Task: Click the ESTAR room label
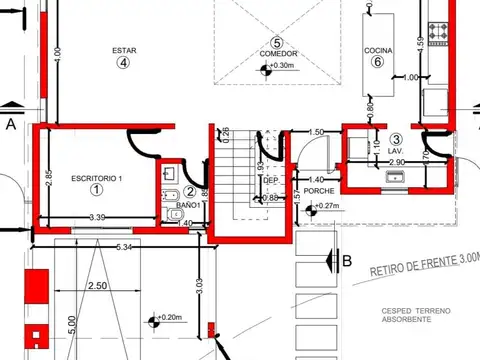[x=125, y=49]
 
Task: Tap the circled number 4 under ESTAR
[x=124, y=62]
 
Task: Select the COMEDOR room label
[x=277, y=54]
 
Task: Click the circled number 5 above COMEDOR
[x=277, y=42]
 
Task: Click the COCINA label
[x=378, y=49]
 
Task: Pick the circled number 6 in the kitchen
[x=378, y=62]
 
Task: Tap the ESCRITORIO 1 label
[x=96, y=177]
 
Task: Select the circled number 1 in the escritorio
[x=96, y=189]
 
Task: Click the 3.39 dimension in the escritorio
[x=97, y=217]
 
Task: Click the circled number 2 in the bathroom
[x=191, y=192]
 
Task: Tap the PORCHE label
[x=319, y=190]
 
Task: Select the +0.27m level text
[x=328, y=207]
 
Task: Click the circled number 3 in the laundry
[x=396, y=139]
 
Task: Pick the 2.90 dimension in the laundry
[x=396, y=162]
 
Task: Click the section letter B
[x=347, y=262]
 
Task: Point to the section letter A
[x=11, y=125]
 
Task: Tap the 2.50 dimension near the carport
[x=97, y=286]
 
